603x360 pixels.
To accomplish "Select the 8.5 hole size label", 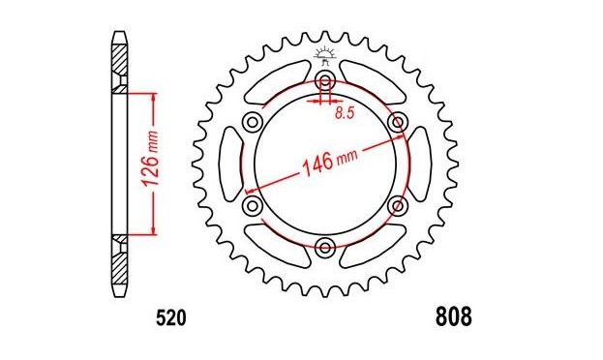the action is (345, 113).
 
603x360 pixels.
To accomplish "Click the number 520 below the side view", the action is (171, 318).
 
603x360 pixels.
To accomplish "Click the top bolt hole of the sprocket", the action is (325, 81).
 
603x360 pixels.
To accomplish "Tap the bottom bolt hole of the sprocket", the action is (325, 247).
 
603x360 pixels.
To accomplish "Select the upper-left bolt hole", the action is (253, 123).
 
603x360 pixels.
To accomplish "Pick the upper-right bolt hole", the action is (398, 123).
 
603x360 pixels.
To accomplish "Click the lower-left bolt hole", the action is (253, 206).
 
